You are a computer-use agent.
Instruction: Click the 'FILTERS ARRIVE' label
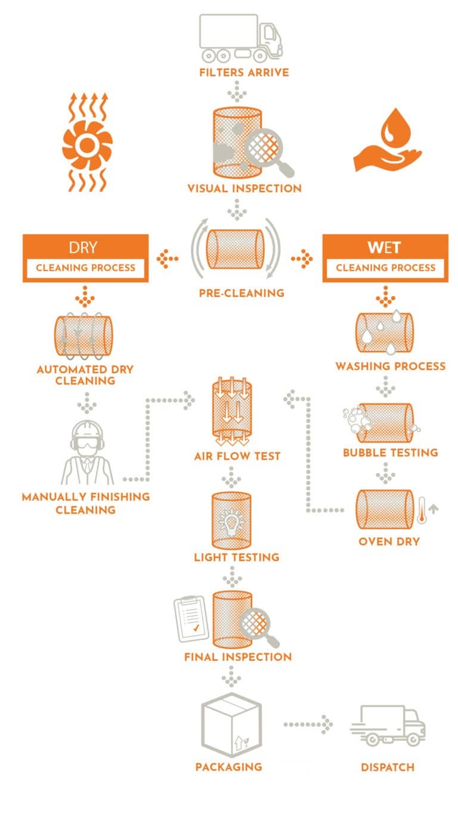236,73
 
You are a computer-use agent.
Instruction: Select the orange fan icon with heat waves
86,144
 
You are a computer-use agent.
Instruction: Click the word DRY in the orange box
85,247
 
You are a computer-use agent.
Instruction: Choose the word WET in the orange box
385,247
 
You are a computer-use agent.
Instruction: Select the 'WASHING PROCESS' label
390,366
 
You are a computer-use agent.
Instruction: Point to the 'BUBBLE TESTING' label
390,453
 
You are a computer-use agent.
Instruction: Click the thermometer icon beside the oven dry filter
422,509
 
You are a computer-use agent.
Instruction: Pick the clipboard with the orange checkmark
190,619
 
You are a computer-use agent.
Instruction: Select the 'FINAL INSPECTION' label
238,657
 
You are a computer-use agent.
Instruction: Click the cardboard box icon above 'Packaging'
231,724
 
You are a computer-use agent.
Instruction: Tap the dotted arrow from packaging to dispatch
308,724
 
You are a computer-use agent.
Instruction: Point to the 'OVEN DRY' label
388,542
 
